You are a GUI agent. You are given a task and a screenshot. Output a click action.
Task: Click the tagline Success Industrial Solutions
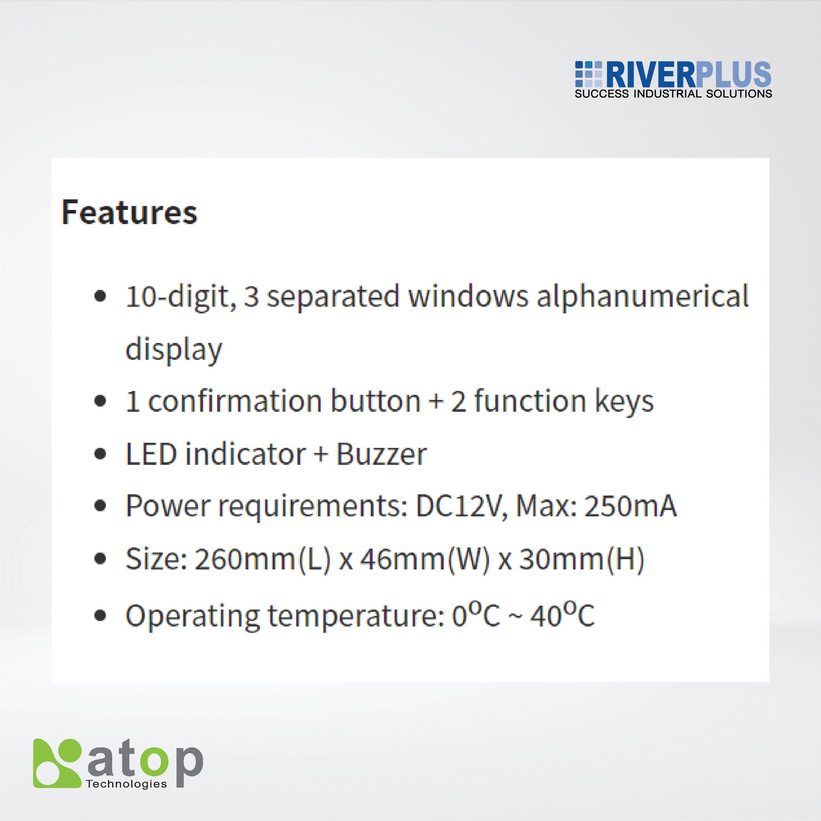click(673, 94)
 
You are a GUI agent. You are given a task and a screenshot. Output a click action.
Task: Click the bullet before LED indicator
click(100, 454)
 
